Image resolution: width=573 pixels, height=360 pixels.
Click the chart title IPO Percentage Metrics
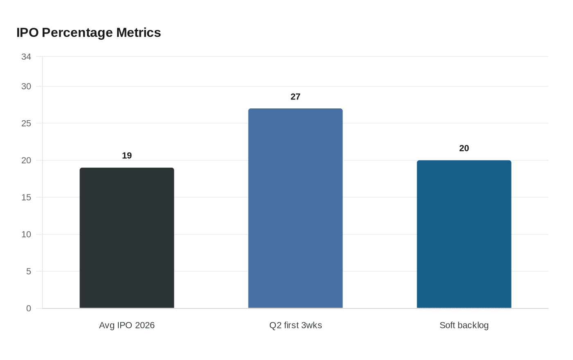coord(88,32)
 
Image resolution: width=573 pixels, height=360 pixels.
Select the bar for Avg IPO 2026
coord(127,238)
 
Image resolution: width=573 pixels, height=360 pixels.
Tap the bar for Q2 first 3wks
coord(296,208)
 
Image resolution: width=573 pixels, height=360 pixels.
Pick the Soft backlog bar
coord(464,234)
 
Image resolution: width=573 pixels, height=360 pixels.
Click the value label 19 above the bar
coord(127,155)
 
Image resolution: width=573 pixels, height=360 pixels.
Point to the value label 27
coord(296,97)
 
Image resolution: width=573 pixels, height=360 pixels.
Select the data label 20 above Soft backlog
coord(464,148)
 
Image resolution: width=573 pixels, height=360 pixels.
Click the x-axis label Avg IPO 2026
coord(127,325)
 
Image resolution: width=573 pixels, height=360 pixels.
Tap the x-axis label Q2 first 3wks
coord(296,325)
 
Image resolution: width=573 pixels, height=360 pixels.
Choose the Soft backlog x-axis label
coord(464,325)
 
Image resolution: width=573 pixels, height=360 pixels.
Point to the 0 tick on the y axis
coord(29,308)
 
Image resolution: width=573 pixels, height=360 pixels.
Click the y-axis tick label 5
coord(29,271)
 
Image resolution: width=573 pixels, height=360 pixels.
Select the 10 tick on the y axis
coord(26,234)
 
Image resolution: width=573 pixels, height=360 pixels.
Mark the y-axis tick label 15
coord(26,197)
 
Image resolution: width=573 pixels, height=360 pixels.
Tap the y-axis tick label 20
coord(26,160)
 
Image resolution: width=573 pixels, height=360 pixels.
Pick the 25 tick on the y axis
coord(26,123)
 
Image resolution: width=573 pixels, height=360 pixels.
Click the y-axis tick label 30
coord(26,86)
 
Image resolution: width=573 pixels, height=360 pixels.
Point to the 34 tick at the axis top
coord(26,56)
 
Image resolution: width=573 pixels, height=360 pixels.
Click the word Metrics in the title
coord(138,32)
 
